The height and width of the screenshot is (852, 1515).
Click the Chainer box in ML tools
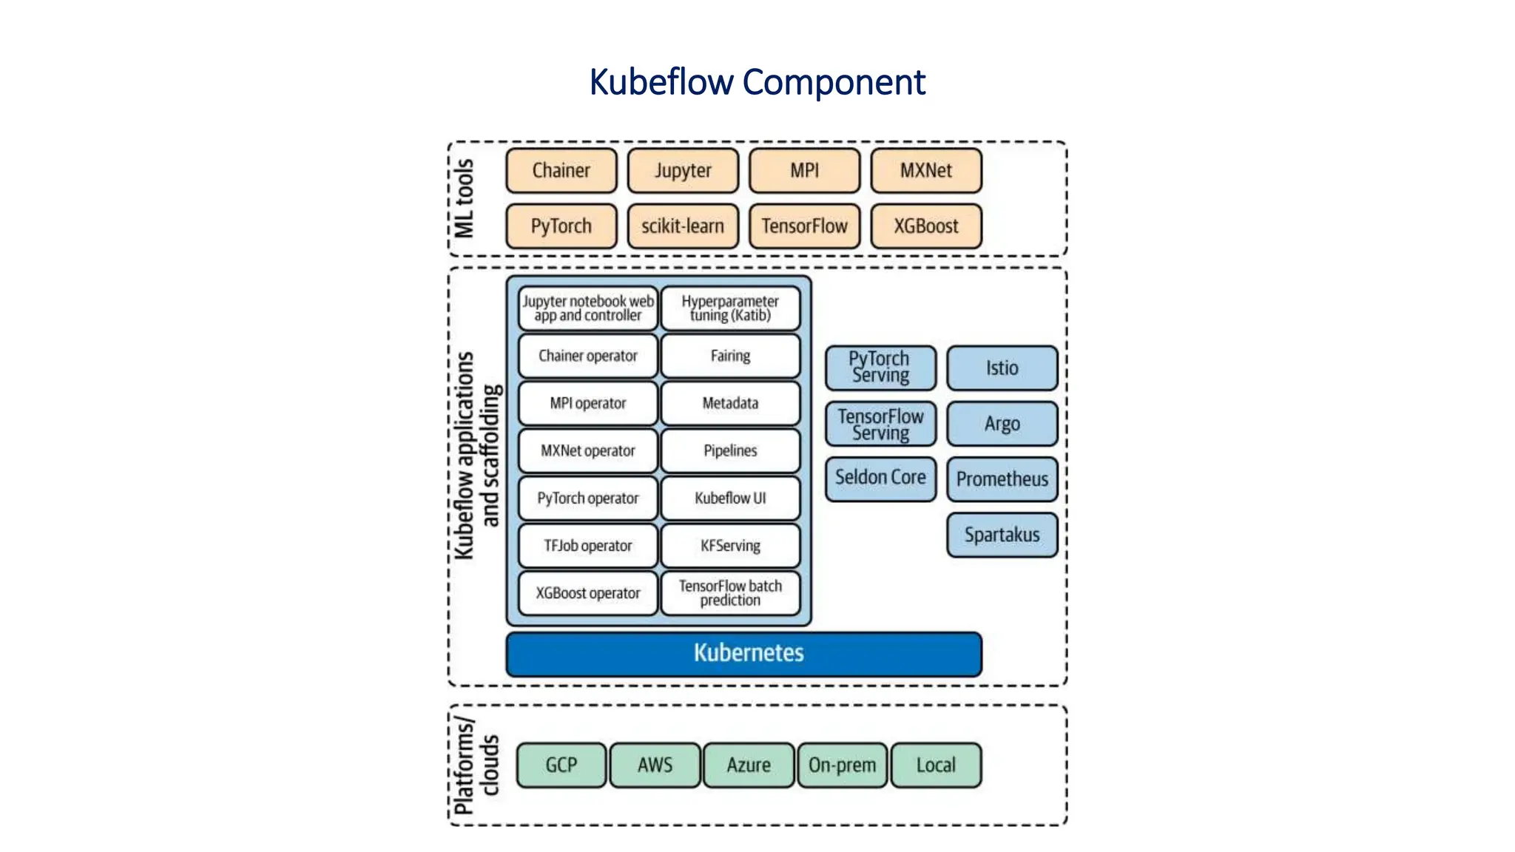click(x=561, y=171)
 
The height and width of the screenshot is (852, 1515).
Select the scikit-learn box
click(x=682, y=226)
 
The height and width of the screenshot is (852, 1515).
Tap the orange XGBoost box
click(x=925, y=226)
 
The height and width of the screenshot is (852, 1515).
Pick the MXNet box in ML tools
click(x=925, y=171)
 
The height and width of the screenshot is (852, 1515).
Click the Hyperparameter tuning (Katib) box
click(x=730, y=308)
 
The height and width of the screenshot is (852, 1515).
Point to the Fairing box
click(x=730, y=356)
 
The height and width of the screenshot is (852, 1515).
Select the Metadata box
click(x=730, y=403)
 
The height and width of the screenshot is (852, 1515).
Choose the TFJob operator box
click(x=588, y=546)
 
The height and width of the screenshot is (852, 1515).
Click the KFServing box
click(x=730, y=546)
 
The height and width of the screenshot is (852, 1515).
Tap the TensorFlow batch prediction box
click(x=730, y=593)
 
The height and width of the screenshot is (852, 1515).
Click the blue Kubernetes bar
click(x=743, y=654)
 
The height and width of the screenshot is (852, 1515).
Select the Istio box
click(x=1002, y=368)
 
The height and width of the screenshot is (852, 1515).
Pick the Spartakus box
click(x=1002, y=535)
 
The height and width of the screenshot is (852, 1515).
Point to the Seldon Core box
click(x=880, y=479)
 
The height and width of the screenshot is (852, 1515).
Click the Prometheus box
click(x=1002, y=479)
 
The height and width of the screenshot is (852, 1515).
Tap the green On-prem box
click(x=842, y=765)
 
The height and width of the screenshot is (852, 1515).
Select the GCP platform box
click(x=561, y=765)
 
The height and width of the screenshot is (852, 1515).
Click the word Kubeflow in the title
click(x=661, y=82)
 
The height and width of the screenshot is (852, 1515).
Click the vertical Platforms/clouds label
click(x=476, y=765)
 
